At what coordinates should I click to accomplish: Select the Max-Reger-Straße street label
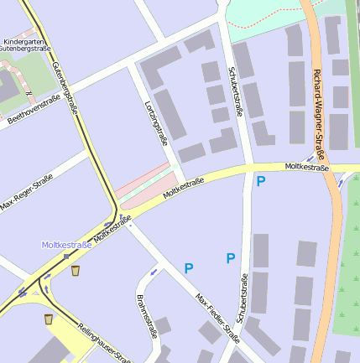tap(26, 193)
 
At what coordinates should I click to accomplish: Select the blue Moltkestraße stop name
tap(67, 245)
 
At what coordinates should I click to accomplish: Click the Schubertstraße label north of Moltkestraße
tap(237, 91)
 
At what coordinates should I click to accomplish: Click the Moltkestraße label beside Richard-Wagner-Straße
tap(306, 168)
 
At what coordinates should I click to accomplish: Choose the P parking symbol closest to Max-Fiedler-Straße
tap(189, 268)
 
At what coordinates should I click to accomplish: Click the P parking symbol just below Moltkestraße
tap(261, 181)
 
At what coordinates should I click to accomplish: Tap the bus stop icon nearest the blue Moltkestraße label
tap(76, 271)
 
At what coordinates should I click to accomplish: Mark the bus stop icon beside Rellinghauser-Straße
tap(48, 319)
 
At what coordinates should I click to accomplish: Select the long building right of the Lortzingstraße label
tap(170, 114)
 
